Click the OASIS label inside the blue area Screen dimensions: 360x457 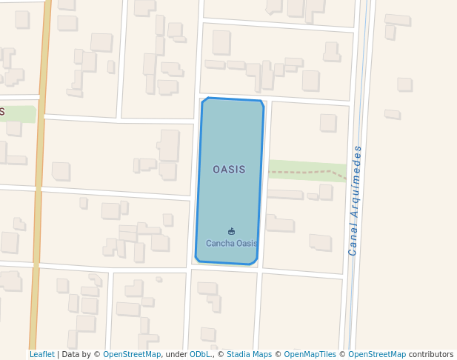pos(229,170)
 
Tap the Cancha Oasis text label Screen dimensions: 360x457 pos(232,243)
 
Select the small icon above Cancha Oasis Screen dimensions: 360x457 pos(232,232)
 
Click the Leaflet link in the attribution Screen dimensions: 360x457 pos(41,355)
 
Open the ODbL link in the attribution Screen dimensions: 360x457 pos(199,355)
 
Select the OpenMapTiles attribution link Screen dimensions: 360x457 pos(310,355)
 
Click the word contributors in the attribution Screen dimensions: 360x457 pos(431,355)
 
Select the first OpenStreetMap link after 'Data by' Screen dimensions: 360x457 pos(132,355)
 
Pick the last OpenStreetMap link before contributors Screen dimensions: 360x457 pos(377,355)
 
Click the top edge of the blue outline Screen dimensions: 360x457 pos(233,99)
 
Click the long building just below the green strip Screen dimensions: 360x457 pos(285,194)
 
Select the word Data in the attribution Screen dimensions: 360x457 pos(71,355)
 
